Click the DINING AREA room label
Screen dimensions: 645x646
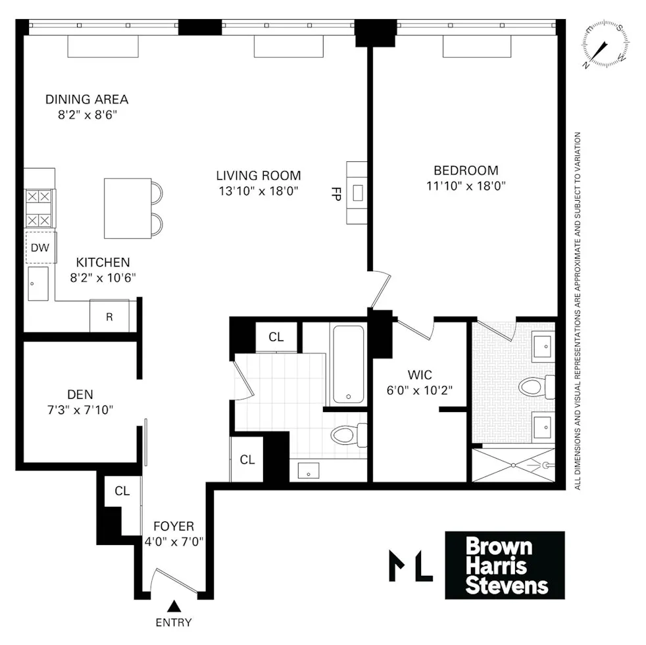click(86, 100)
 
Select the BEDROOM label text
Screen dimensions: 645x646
click(466, 170)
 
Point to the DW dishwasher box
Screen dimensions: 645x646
click(40, 248)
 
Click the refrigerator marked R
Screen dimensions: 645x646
click(109, 317)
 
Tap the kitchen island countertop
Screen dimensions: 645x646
click(127, 209)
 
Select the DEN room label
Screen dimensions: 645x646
click(80, 395)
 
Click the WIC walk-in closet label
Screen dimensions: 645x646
click(419, 375)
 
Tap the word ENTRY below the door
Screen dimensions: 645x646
click(174, 623)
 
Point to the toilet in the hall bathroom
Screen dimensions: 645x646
click(347, 434)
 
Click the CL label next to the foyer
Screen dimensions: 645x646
click(122, 491)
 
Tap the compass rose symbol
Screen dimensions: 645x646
click(604, 46)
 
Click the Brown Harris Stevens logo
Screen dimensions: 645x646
click(505, 565)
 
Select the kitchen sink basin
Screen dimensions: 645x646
click(38, 284)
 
